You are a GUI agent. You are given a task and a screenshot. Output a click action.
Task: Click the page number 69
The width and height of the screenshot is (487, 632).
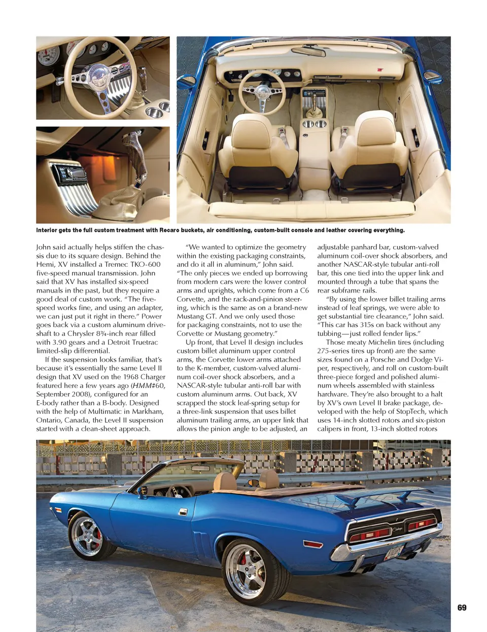pyautogui.click(x=462, y=608)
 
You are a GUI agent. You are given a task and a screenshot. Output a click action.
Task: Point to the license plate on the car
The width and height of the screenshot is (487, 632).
pyautogui.click(x=394, y=552)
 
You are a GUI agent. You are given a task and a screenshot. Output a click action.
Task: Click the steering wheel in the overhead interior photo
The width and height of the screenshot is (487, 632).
pyautogui.click(x=262, y=92)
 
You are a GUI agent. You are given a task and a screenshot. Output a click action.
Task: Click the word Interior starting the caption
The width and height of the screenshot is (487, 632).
pyautogui.click(x=46, y=230)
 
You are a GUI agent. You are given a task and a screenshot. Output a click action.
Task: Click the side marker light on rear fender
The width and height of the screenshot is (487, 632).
pyautogui.click(x=312, y=544)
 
